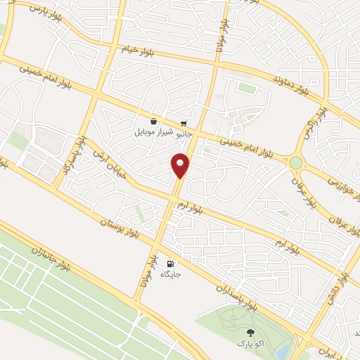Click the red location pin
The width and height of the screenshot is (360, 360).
(181, 164)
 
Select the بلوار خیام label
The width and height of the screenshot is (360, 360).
(138, 51)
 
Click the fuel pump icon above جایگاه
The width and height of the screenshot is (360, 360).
(170, 265)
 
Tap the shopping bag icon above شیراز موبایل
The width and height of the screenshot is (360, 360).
(153, 121)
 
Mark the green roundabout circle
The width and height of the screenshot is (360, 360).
(296, 162)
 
